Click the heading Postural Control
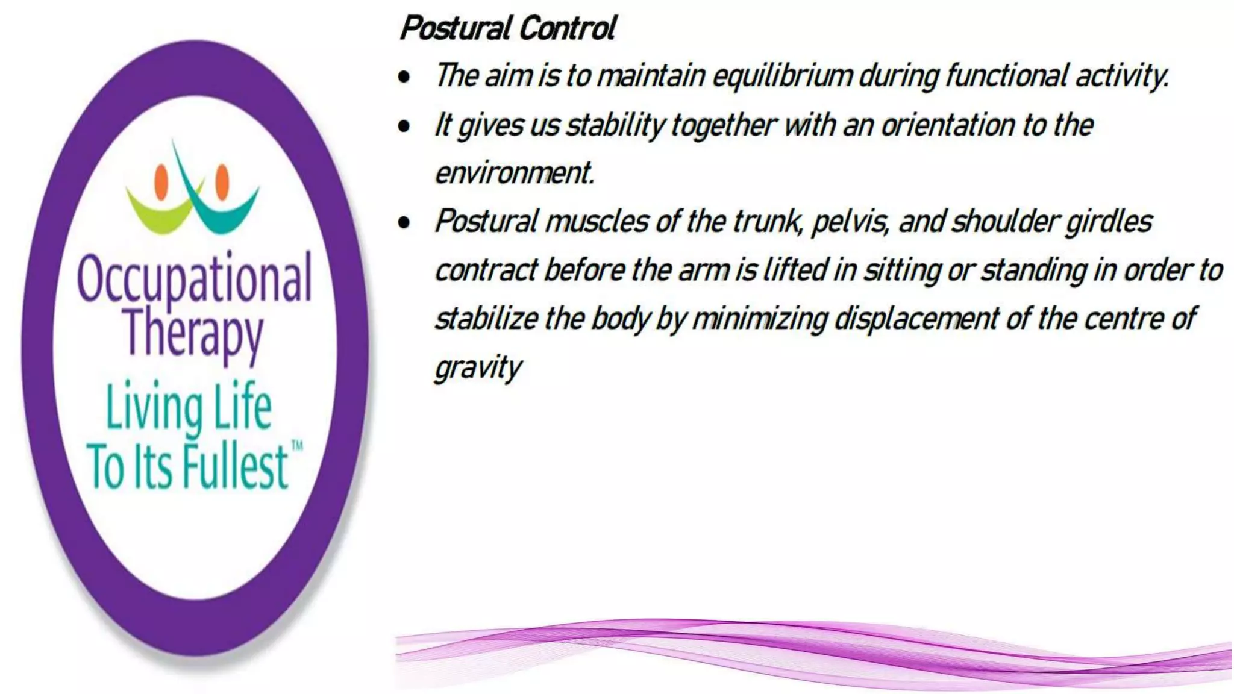pyautogui.click(x=507, y=28)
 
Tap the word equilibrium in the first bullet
pyautogui.click(x=782, y=77)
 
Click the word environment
pyautogui.click(x=514, y=173)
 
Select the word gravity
pyautogui.click(x=478, y=367)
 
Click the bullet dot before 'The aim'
pyautogui.click(x=404, y=77)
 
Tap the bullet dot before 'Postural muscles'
pyautogui.click(x=404, y=223)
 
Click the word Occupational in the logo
pyautogui.click(x=194, y=279)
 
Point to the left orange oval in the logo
pyautogui.click(x=161, y=181)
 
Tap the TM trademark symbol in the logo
pyautogui.click(x=297, y=446)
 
